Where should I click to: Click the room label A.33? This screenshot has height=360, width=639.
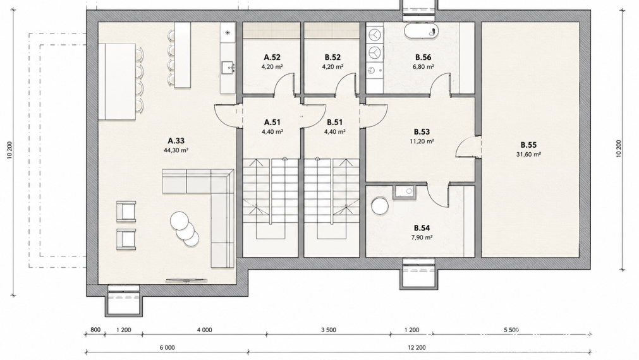pyautogui.click(x=176, y=141)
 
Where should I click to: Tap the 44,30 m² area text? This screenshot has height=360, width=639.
pyautogui.click(x=176, y=150)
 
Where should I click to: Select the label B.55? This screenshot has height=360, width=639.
pyautogui.click(x=528, y=145)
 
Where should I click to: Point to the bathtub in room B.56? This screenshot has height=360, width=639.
pyautogui.click(x=422, y=31)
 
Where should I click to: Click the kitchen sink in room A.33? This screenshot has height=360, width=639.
pyautogui.click(x=228, y=68)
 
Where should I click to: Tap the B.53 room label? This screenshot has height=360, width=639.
pyautogui.click(x=422, y=132)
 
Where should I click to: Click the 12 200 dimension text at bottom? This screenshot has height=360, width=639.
pyautogui.click(x=417, y=348)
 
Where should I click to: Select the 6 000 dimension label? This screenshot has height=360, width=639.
pyautogui.click(x=167, y=348)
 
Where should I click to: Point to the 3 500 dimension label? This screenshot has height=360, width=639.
pyautogui.click(x=329, y=330)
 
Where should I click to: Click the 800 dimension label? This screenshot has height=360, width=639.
pyautogui.click(x=95, y=330)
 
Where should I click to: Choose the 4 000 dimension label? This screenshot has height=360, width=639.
pyautogui.click(x=205, y=330)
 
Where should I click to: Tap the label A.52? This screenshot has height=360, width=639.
pyautogui.click(x=272, y=57)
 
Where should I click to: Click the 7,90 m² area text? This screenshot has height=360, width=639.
pyautogui.click(x=422, y=237)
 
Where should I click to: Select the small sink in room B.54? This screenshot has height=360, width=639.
pyautogui.click(x=405, y=192)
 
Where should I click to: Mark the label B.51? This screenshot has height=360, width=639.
pyautogui.click(x=334, y=122)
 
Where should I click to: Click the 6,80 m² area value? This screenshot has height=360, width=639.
pyautogui.click(x=423, y=67)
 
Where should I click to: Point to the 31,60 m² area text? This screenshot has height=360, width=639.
pyautogui.click(x=528, y=154)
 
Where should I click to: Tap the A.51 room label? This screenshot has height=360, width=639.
pyautogui.click(x=272, y=122)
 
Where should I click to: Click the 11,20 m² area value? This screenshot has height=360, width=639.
pyautogui.click(x=422, y=141)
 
